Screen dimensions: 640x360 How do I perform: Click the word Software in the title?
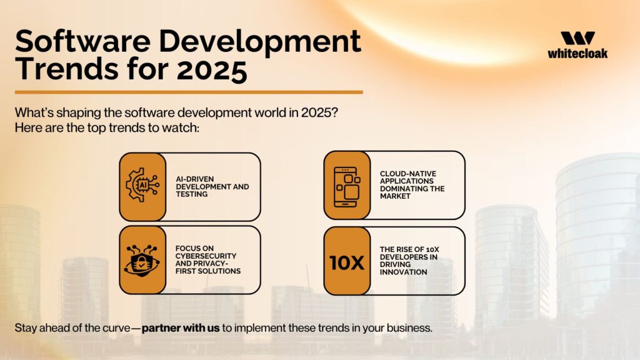(83, 41)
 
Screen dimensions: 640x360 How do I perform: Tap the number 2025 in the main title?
(212, 70)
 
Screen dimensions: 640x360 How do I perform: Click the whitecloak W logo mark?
(577, 38)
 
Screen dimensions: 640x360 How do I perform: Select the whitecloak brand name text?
(577, 53)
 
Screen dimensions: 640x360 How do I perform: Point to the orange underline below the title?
(189, 92)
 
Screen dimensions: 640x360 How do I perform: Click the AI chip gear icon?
(142, 185)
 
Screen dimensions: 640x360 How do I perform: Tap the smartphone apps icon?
(347, 187)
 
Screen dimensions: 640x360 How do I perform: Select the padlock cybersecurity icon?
(142, 261)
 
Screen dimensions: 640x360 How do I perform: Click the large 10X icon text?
(346, 263)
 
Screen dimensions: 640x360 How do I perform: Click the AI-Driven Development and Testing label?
(212, 186)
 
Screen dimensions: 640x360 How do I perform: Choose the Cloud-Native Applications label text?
(412, 185)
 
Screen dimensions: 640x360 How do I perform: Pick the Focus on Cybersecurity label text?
(207, 259)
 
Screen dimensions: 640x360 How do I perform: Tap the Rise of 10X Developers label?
(409, 261)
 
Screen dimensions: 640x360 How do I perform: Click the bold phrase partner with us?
(181, 327)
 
